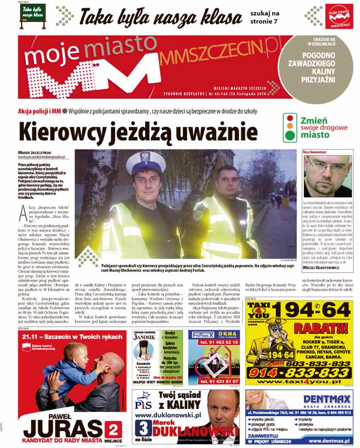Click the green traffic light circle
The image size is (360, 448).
click(x=291, y=136)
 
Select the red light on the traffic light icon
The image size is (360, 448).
click(x=291, y=118)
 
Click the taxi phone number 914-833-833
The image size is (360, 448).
click(x=300, y=372)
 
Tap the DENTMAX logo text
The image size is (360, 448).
click(x=327, y=399)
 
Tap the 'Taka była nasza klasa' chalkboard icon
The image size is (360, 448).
click(x=32, y=13)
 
